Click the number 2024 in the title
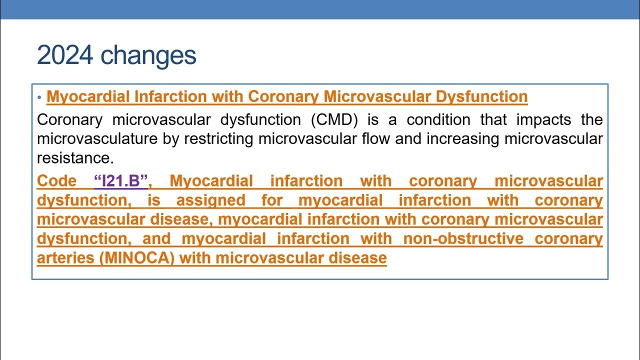click(x=64, y=55)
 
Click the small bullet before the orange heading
click(x=39, y=97)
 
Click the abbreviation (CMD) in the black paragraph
click(x=333, y=120)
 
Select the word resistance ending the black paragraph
click(x=75, y=158)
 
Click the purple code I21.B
click(x=120, y=181)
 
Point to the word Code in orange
click(x=56, y=181)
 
